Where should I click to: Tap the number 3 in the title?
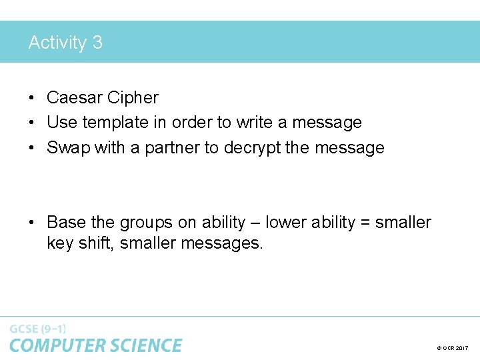[97, 43]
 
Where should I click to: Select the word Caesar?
[74, 97]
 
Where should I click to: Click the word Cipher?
[132, 97]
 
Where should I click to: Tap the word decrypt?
[251, 147]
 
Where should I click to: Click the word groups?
[149, 223]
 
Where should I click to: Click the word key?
[59, 243]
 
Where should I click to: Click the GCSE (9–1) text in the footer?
[38, 329]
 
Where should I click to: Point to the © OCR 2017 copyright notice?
[453, 348]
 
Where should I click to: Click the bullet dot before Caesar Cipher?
[31, 98]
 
